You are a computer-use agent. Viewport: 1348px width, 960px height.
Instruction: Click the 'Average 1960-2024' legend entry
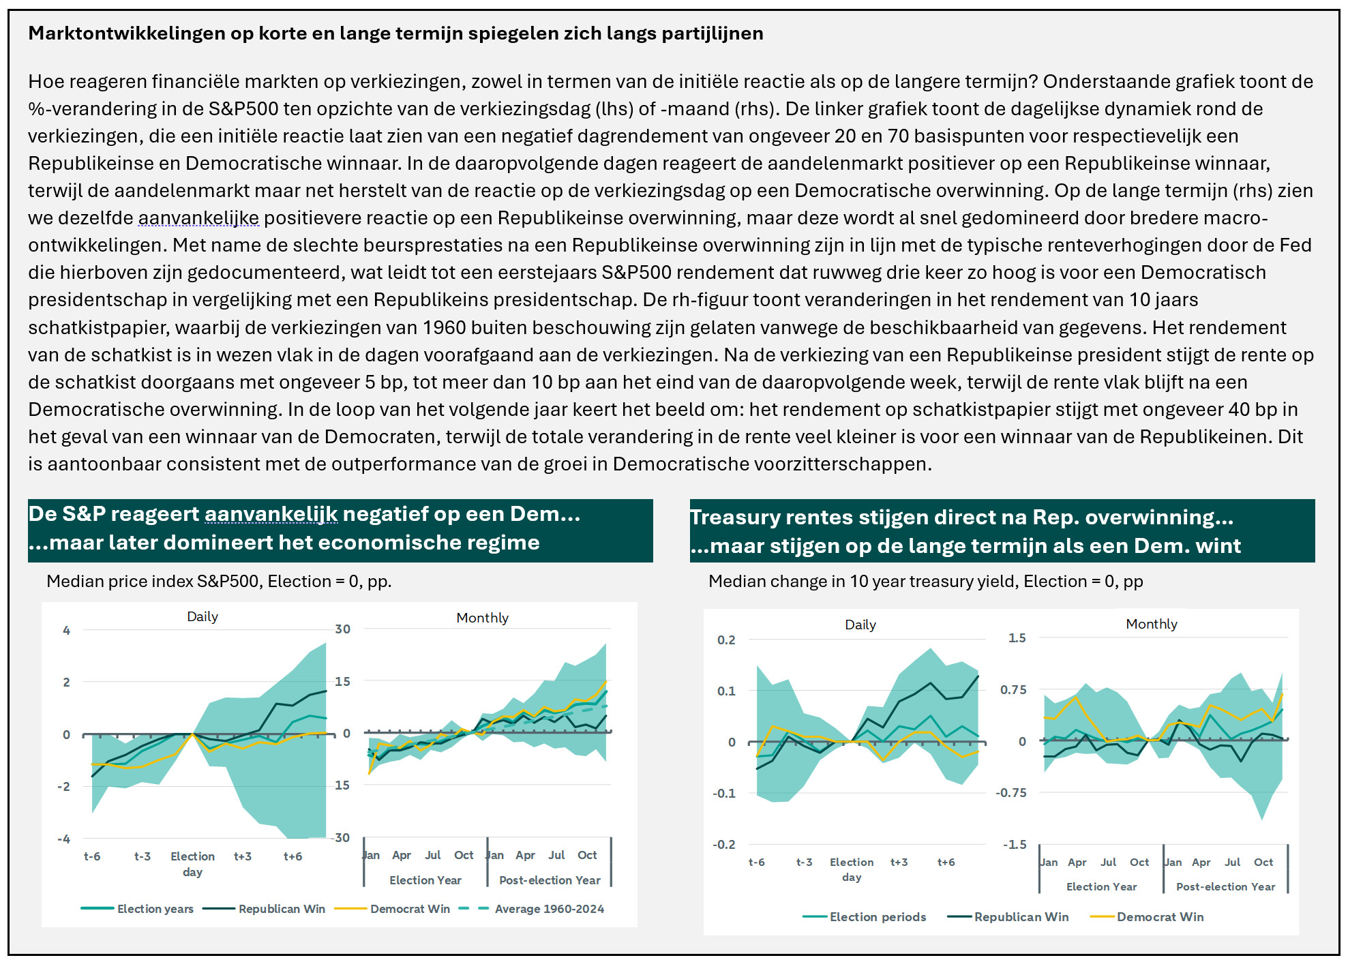(532, 909)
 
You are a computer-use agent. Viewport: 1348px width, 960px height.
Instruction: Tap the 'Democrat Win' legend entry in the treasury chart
(1148, 917)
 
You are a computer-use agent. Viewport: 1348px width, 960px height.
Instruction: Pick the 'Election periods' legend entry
(865, 917)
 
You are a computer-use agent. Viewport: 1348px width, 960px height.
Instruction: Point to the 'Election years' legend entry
(138, 909)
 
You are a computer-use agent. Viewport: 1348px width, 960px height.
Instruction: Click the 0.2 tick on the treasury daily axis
(726, 640)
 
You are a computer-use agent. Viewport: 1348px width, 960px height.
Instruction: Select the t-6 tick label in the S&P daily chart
(92, 856)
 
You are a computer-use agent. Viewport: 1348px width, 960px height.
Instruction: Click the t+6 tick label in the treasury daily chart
(946, 862)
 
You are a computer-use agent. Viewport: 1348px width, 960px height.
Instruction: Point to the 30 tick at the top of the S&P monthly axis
(343, 629)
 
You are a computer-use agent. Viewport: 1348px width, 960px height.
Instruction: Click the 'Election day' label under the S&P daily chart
(192, 864)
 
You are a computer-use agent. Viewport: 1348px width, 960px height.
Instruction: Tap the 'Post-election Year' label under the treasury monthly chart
(1225, 887)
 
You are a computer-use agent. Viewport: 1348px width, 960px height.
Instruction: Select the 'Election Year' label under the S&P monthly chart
(425, 880)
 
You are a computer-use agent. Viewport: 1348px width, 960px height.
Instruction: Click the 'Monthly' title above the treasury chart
(1152, 624)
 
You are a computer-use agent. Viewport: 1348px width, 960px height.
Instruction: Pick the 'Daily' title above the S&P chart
(203, 616)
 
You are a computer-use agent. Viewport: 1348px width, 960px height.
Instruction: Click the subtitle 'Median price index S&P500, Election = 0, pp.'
(219, 582)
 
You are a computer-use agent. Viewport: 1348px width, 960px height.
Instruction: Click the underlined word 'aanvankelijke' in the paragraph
(198, 218)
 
